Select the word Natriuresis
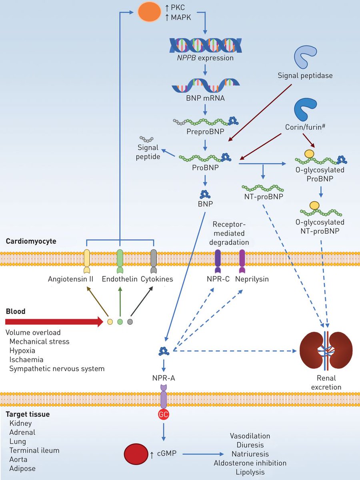(x=250, y=454)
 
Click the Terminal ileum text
(x=34, y=450)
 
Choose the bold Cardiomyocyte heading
(x=31, y=242)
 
